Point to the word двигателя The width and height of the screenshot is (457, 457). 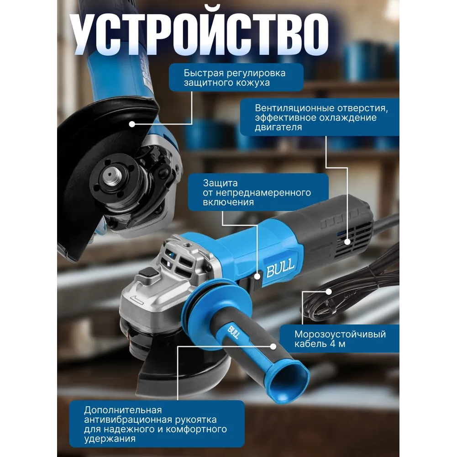click(278, 127)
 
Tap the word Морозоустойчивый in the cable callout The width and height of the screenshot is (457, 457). click(340, 334)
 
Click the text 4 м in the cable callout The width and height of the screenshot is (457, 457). click(337, 344)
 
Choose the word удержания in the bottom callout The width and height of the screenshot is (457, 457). click(110, 439)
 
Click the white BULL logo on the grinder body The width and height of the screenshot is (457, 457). click(280, 269)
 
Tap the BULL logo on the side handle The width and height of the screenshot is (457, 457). click(233, 332)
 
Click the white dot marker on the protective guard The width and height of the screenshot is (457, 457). click(132, 124)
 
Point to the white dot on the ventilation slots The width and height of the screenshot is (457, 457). click(347, 242)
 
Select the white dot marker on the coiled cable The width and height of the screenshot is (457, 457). click(329, 292)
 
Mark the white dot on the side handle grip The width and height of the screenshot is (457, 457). click(273, 346)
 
